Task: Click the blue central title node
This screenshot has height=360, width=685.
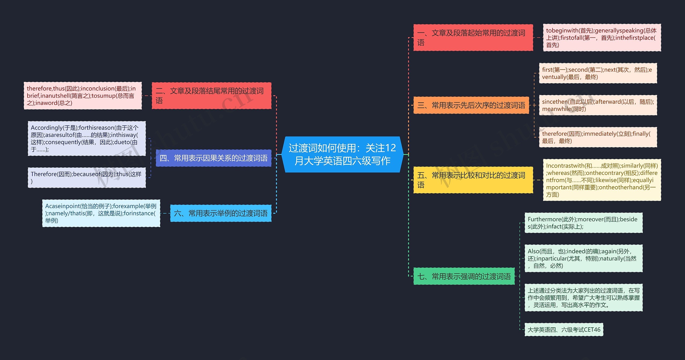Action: coord(342,155)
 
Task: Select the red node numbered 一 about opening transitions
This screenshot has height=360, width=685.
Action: coord(473,37)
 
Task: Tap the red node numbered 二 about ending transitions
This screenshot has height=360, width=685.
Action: coord(211,95)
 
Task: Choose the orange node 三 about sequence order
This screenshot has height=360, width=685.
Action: coord(471,105)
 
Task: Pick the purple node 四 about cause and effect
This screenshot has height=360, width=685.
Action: coord(213,158)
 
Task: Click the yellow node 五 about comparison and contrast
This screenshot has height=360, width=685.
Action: coord(473,180)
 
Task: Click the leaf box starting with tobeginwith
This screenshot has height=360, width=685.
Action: coord(602,37)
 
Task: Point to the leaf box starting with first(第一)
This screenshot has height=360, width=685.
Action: coord(598,73)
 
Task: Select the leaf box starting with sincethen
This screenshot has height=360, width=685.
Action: coord(598,105)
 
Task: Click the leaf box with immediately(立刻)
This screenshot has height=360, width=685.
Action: coord(598,137)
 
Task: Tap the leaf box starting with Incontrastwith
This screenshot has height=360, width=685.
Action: coord(602,180)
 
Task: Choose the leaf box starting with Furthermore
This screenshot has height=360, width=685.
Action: coord(583,223)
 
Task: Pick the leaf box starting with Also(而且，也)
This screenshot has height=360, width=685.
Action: coord(583,258)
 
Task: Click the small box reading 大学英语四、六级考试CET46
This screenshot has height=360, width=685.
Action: coord(564,330)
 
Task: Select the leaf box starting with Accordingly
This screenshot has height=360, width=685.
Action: coord(87,138)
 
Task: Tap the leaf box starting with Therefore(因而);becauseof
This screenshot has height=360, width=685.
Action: coord(87,178)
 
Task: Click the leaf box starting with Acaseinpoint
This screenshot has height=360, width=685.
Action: coord(101,213)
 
